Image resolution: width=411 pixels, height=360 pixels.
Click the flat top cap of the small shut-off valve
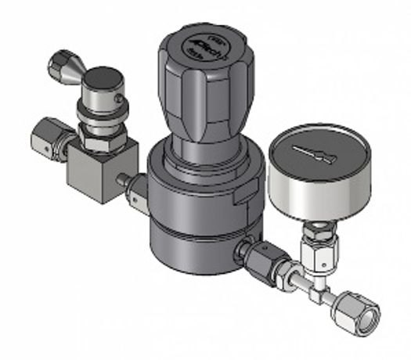(102, 79)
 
